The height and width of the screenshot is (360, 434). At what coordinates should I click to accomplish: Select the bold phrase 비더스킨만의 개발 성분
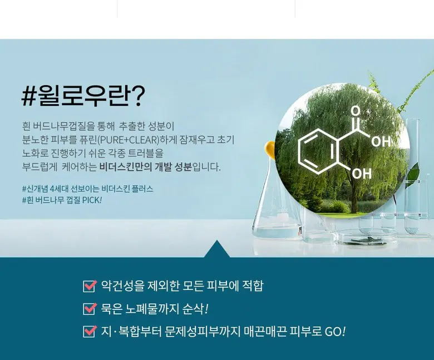(x=145, y=167)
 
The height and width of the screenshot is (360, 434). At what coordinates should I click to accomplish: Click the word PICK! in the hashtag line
(x=92, y=200)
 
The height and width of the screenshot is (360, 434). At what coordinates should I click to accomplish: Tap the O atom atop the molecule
(x=356, y=111)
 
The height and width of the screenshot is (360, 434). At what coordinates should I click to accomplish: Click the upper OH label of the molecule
(x=381, y=141)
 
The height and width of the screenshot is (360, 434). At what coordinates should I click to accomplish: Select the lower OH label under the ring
(x=362, y=174)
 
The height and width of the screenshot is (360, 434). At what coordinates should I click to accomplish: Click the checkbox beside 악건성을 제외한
(x=90, y=286)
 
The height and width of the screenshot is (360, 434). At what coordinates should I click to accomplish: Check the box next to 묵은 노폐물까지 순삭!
(x=90, y=309)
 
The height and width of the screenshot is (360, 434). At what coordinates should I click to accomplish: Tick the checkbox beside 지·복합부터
(x=90, y=332)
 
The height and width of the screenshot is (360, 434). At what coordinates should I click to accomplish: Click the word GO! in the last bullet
(x=335, y=332)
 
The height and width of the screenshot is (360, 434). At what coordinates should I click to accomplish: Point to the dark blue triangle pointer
(x=217, y=249)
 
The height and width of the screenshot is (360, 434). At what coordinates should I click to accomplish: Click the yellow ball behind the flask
(x=270, y=150)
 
